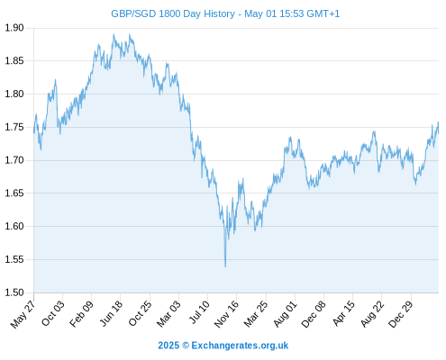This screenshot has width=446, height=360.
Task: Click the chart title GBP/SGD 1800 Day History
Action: (x=173, y=13)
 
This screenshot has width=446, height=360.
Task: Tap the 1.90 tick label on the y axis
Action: (x=14, y=28)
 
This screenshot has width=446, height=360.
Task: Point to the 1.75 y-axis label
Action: (x=14, y=127)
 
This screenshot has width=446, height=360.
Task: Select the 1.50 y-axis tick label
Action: (x=14, y=292)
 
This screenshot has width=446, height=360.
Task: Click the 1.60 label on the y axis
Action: (x=14, y=226)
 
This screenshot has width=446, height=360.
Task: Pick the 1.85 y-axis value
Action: (x=14, y=61)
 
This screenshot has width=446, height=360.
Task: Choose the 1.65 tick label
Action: (x=14, y=193)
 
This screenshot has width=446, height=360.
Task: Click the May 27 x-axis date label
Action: (x=23, y=314)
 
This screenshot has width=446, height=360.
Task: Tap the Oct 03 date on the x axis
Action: (x=53, y=313)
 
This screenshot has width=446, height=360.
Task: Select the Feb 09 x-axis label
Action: (x=81, y=314)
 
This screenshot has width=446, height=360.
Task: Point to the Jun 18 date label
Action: (x=111, y=313)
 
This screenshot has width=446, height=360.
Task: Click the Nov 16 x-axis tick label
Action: (x=226, y=314)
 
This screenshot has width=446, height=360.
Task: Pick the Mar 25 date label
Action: (x=256, y=314)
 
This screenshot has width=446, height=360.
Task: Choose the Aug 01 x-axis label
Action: (x=285, y=314)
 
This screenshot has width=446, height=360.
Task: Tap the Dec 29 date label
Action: (x=401, y=314)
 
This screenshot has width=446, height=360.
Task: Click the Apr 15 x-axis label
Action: (x=343, y=313)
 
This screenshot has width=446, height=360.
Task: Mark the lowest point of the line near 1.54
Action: (x=225, y=266)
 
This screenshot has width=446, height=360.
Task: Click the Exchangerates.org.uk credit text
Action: (x=240, y=346)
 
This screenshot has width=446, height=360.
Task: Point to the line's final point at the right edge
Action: (x=439, y=133)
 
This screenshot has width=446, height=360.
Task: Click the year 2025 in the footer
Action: (x=168, y=346)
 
